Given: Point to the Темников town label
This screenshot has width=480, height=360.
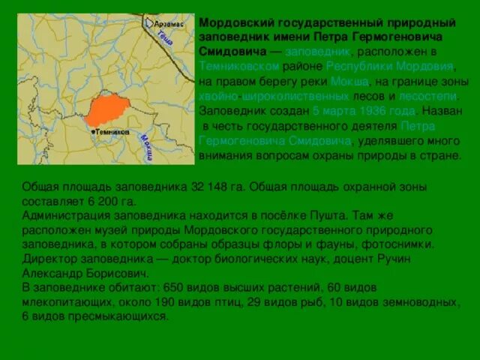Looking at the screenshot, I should click(x=112, y=132).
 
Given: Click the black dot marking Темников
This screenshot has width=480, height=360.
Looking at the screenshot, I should click(x=93, y=132).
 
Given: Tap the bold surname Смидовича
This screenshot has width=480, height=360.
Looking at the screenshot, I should click(x=233, y=52).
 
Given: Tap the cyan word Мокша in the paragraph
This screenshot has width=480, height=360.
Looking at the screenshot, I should click(x=349, y=81).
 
